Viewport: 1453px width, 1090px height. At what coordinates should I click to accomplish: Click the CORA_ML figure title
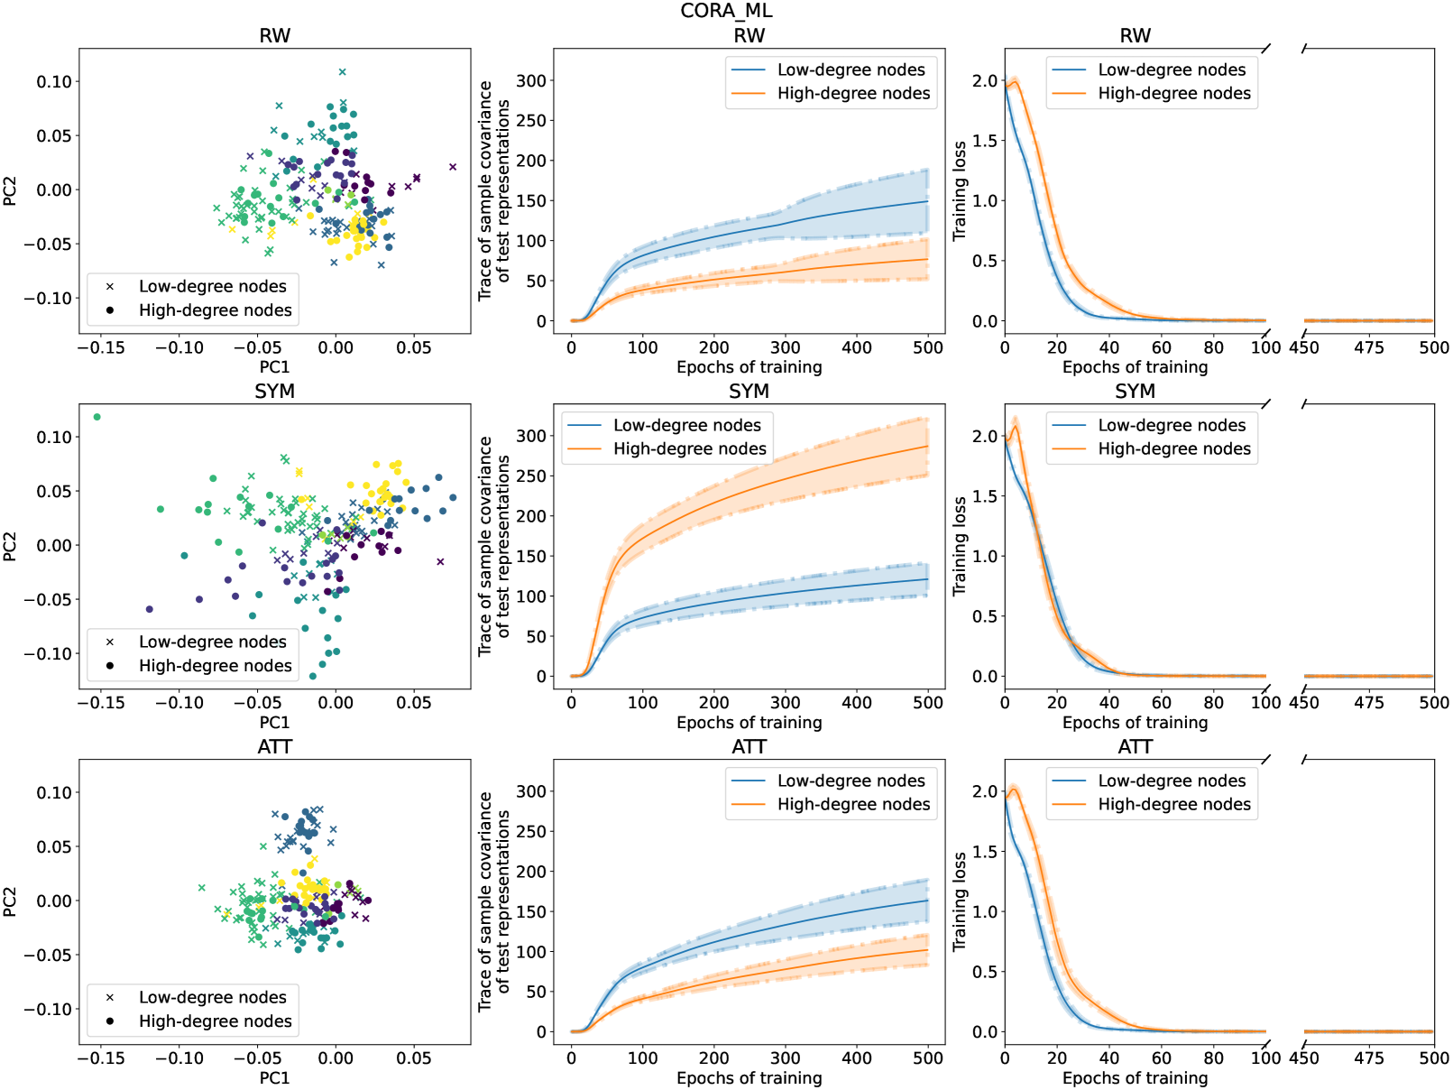tap(726, 11)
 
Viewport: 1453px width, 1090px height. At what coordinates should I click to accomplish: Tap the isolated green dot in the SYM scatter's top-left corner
tap(97, 417)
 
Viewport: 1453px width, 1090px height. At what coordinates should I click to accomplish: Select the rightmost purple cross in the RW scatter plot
tap(453, 166)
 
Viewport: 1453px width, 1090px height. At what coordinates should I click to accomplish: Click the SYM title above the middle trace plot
tap(749, 391)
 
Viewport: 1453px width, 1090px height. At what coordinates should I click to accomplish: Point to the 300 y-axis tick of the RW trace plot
tap(531, 80)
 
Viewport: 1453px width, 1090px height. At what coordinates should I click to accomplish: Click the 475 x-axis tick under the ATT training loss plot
tap(1368, 1058)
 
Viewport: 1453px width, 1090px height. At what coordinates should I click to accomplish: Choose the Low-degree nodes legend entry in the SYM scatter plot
tap(212, 642)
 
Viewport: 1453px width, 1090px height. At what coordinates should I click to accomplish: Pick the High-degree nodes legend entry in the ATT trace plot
tap(853, 804)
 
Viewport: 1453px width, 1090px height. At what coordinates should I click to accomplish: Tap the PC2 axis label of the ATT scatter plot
tap(10, 901)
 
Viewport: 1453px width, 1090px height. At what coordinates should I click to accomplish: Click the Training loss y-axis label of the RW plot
tap(960, 189)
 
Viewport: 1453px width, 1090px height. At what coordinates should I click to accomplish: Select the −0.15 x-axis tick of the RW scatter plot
tap(101, 346)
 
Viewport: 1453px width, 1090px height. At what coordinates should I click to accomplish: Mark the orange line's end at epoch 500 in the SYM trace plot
tap(928, 446)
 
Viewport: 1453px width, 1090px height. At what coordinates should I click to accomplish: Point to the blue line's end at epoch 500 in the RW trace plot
tap(928, 201)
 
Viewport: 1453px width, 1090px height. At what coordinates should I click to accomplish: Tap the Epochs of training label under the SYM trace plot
tap(749, 722)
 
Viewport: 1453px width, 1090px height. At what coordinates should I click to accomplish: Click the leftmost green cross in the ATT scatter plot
tap(201, 887)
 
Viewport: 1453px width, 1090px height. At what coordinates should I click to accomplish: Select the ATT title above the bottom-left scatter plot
tap(274, 746)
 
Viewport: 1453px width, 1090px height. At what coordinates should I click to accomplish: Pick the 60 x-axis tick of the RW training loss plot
tap(1162, 346)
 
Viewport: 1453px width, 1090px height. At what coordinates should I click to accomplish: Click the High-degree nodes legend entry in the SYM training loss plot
tap(1174, 448)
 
